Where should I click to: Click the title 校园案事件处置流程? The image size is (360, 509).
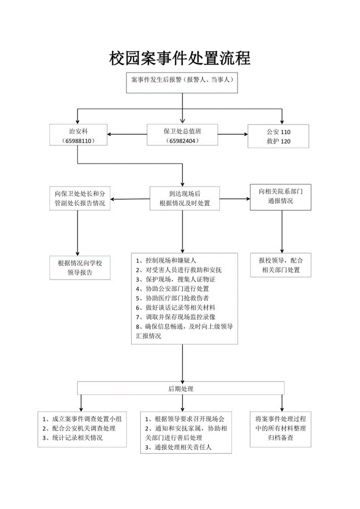pos(180,59)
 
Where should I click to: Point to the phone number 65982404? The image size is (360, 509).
pos(182,140)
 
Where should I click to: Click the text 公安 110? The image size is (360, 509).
pos(278,132)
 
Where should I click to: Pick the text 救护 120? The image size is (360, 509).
pos(278,141)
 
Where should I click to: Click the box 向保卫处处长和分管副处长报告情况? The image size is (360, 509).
pos(80,198)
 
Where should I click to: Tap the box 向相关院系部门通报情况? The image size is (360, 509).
pos(281,196)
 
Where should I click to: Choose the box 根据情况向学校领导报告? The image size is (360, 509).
pos(80,268)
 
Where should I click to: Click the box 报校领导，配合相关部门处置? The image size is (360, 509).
pos(281,265)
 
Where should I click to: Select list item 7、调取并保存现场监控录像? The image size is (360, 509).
pos(176,317)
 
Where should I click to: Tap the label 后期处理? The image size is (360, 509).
pos(181,388)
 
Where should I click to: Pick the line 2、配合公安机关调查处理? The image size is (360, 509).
pos(79,428)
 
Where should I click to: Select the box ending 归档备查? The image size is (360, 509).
pos(281,428)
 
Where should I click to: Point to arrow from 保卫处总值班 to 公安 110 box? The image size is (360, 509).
pos(232,135)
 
